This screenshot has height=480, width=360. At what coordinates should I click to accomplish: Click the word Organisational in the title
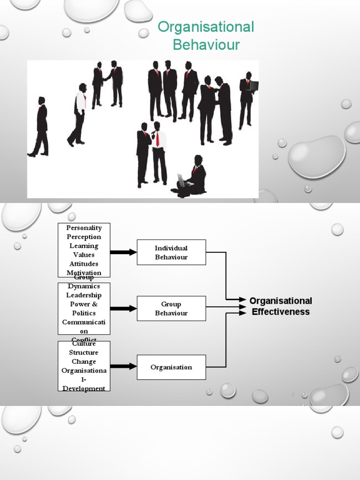click(206, 27)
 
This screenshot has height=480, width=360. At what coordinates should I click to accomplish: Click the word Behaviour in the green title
click(206, 45)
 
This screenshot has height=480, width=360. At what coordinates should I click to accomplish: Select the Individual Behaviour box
click(171, 252)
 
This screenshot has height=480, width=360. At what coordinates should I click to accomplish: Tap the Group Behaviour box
click(171, 308)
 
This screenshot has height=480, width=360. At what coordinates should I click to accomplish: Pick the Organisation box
click(171, 367)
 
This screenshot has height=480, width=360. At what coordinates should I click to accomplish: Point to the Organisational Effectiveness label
click(280, 306)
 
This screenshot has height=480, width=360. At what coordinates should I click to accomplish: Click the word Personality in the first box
click(84, 228)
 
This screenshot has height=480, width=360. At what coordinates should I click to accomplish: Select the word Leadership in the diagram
click(84, 295)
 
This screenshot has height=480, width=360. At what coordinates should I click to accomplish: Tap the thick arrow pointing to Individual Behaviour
click(123, 252)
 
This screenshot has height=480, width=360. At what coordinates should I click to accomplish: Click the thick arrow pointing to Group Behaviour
click(123, 308)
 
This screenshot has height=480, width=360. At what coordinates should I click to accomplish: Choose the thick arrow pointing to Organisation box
click(123, 367)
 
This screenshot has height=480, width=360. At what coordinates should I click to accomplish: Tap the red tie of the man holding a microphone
click(158, 139)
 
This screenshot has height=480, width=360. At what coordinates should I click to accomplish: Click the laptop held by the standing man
click(254, 86)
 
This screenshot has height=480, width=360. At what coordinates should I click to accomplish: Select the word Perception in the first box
click(84, 237)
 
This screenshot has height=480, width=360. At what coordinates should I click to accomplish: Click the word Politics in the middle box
click(84, 313)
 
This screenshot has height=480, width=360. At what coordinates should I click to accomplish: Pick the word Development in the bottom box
click(84, 388)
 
